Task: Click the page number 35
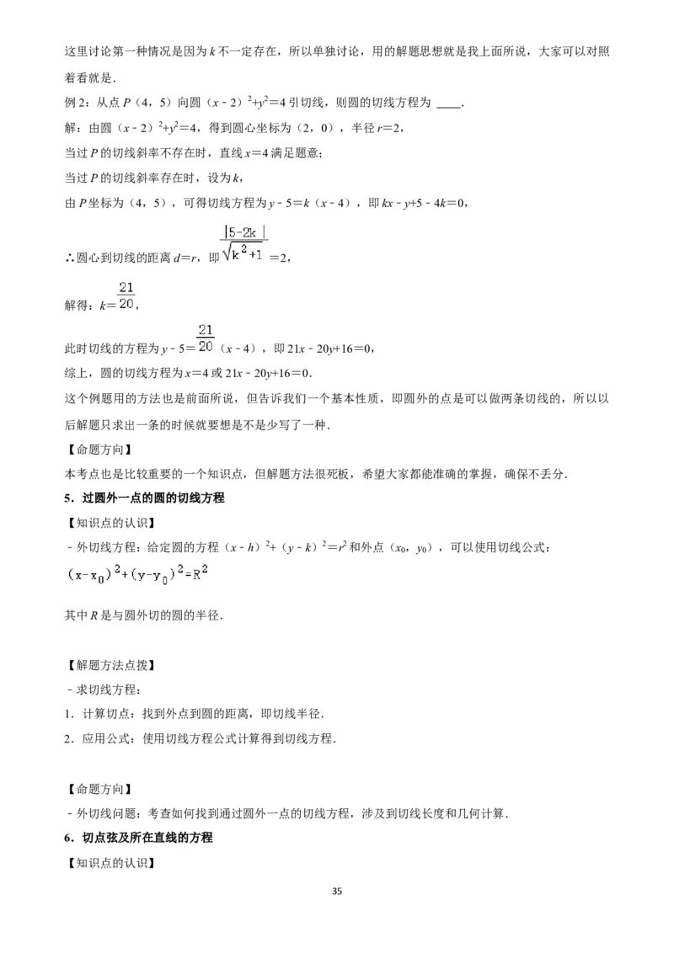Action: (337, 891)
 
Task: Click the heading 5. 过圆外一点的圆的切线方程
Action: (144, 498)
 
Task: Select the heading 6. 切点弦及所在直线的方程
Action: (139, 838)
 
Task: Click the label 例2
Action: (77, 103)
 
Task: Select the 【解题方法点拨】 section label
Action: (110, 665)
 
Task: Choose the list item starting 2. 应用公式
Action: (201, 738)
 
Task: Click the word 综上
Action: (77, 372)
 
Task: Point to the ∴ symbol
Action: (69, 258)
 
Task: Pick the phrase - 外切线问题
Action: (100, 813)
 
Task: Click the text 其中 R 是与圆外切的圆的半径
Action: (143, 615)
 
